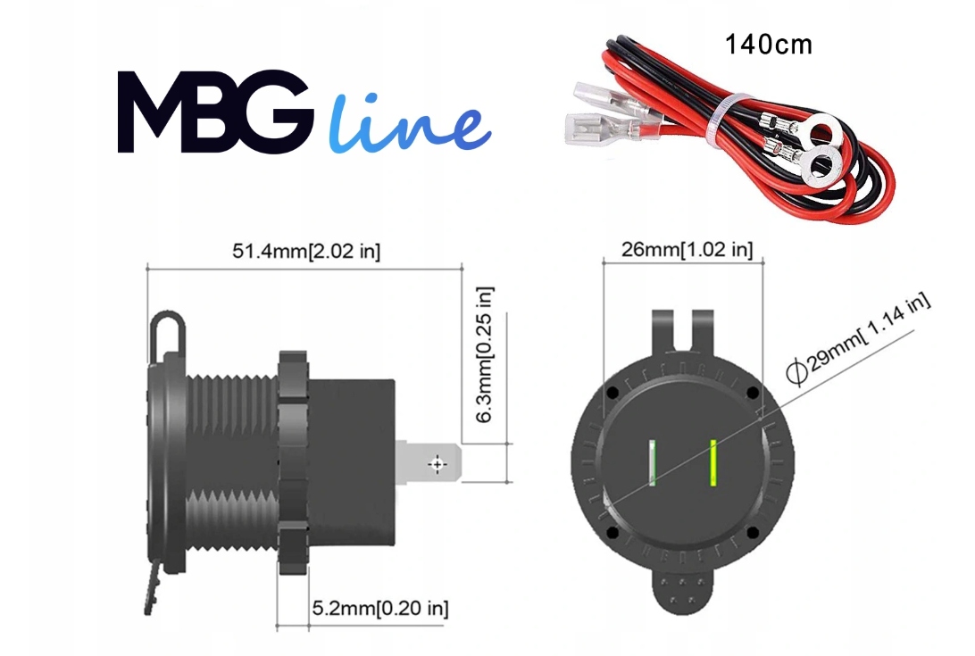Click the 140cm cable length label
(769, 45)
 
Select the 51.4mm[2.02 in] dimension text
(306, 252)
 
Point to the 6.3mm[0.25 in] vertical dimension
(485, 354)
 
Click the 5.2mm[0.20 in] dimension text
(379, 610)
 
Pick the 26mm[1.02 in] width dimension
(687, 250)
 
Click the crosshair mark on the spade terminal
(437, 464)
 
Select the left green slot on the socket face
(654, 462)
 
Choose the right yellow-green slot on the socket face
(714, 462)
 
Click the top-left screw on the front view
(612, 393)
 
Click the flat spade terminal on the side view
(430, 463)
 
